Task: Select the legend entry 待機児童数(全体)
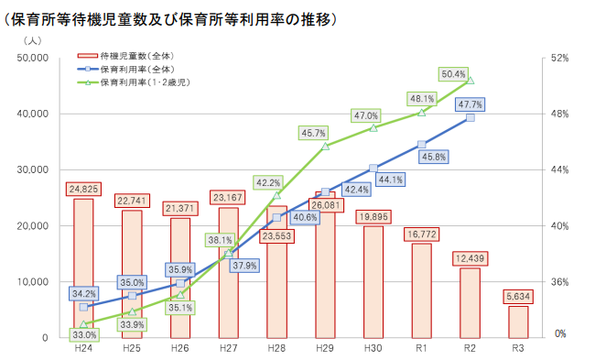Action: [x=150, y=56]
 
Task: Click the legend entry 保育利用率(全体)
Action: [x=150, y=70]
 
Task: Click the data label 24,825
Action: [x=83, y=190]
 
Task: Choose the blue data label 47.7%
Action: [x=470, y=105]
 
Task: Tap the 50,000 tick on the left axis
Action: [x=33, y=58]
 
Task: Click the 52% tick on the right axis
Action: [x=560, y=58]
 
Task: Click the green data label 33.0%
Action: [x=83, y=335]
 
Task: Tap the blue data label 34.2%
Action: [x=83, y=294]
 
